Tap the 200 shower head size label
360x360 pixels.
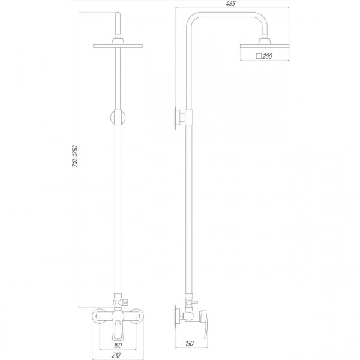coord(267,56)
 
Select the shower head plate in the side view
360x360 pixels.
coord(264,46)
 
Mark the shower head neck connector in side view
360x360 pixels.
coord(264,40)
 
